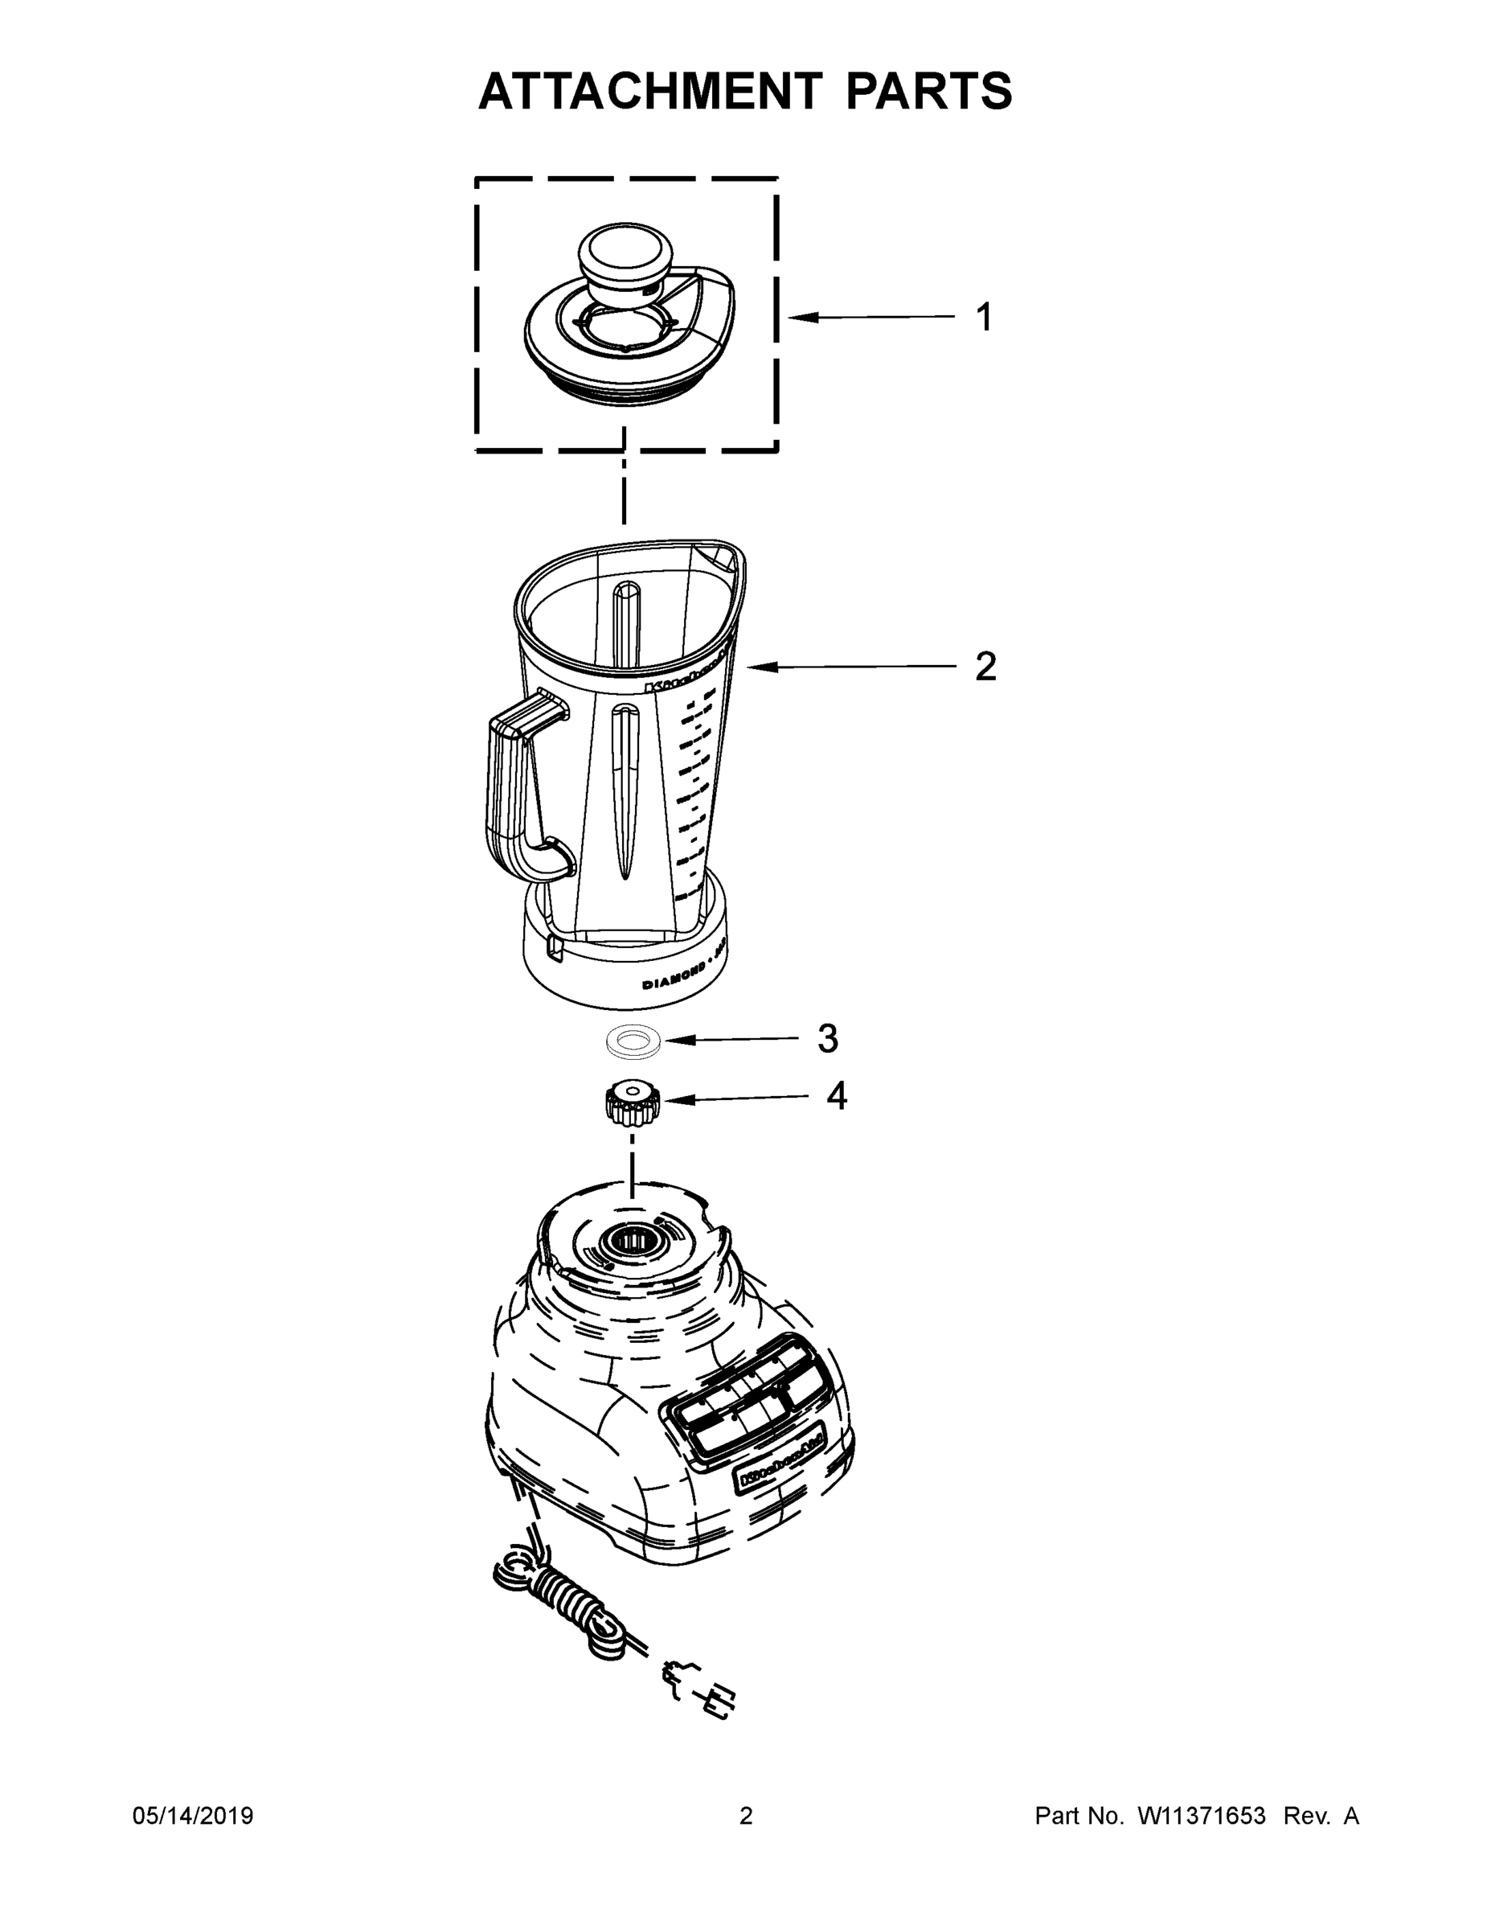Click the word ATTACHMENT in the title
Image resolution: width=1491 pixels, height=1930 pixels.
tap(649, 90)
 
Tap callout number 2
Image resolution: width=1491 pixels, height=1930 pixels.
tap(985, 667)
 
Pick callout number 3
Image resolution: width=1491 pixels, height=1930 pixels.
tap(827, 1039)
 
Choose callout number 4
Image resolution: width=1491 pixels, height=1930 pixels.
tap(836, 1096)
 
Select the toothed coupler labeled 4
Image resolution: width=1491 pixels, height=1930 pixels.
tap(631, 1103)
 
